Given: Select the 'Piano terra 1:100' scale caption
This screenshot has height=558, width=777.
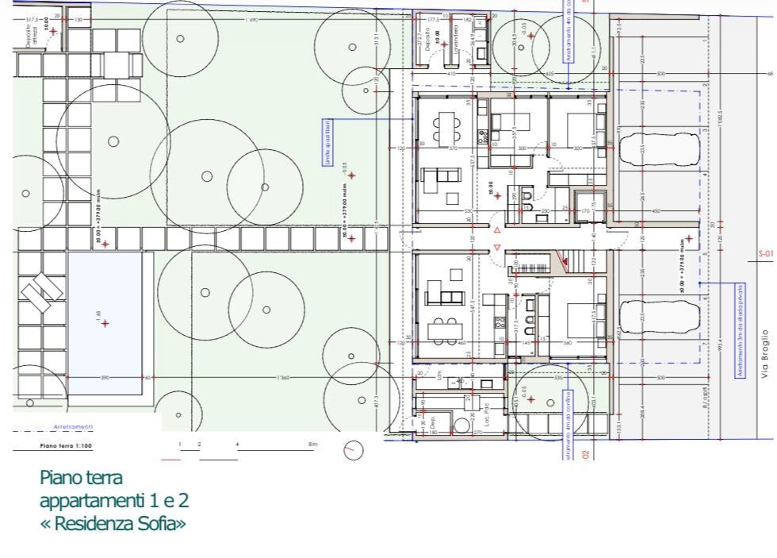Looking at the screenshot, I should (66, 446).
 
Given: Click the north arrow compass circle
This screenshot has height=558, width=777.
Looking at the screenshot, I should (354, 451).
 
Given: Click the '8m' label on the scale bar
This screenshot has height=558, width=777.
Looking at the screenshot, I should (313, 444).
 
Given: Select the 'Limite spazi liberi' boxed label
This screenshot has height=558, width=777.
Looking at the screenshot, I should (326, 138).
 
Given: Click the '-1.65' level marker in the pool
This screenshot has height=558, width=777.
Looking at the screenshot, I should (100, 320).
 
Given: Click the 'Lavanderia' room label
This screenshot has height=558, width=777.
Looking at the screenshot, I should (457, 36).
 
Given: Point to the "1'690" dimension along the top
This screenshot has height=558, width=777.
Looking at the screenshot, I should (252, 18).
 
